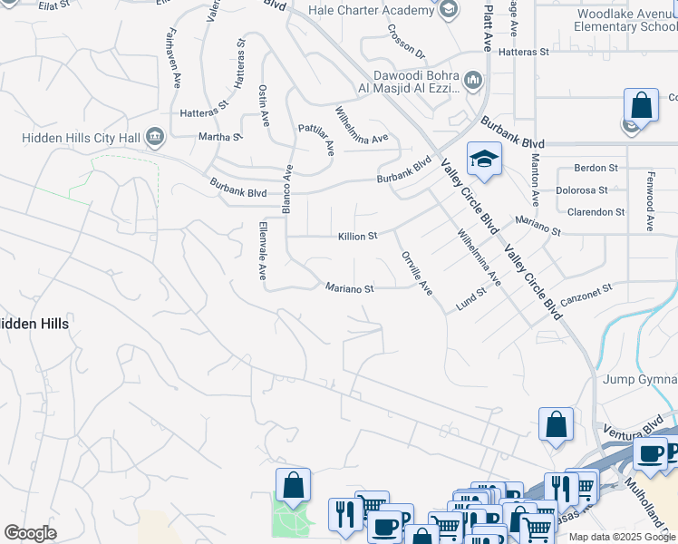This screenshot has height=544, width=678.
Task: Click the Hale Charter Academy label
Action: (372, 10)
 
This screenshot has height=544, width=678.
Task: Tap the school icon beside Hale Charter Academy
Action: (448, 10)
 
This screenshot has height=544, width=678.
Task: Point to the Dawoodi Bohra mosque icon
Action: (473, 82)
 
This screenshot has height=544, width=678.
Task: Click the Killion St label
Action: (357, 236)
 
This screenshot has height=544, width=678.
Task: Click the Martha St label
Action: (221, 137)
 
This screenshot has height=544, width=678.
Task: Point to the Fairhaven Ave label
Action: (172, 56)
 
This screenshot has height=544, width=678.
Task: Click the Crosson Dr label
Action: (406, 41)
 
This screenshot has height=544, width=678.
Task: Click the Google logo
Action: (30, 533)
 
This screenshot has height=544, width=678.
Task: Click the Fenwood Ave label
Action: (650, 200)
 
